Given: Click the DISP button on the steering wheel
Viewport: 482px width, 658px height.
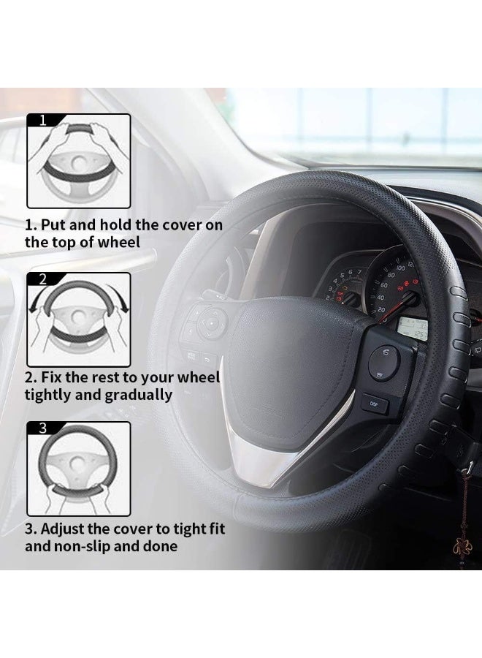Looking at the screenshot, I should tap(374, 404).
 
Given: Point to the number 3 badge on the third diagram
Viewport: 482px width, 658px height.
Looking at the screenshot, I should tap(42, 428).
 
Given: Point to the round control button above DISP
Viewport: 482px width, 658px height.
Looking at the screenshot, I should tap(383, 359).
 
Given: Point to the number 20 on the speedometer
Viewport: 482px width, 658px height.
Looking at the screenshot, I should tap(380, 309).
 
